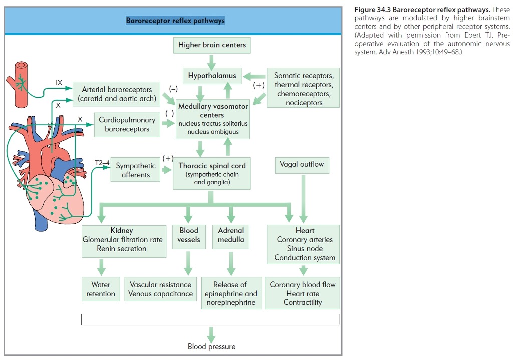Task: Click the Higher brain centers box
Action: (x=212, y=45)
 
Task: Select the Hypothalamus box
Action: (x=212, y=76)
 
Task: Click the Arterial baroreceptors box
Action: (x=116, y=94)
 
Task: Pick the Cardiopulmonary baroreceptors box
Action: (x=127, y=125)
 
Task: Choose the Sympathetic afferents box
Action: (x=135, y=170)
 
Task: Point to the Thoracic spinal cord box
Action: (x=212, y=173)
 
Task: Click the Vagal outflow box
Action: (x=302, y=165)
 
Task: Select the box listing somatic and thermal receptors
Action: (x=303, y=89)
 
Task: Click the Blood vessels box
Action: (x=188, y=235)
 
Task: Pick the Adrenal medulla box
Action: (x=231, y=235)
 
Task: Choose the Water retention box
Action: (x=101, y=289)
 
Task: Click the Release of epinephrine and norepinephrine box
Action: (x=231, y=293)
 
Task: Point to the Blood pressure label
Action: (x=211, y=346)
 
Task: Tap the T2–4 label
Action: (x=102, y=163)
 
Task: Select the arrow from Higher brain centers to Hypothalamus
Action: (x=212, y=61)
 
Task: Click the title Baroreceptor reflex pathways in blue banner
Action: (x=175, y=21)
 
